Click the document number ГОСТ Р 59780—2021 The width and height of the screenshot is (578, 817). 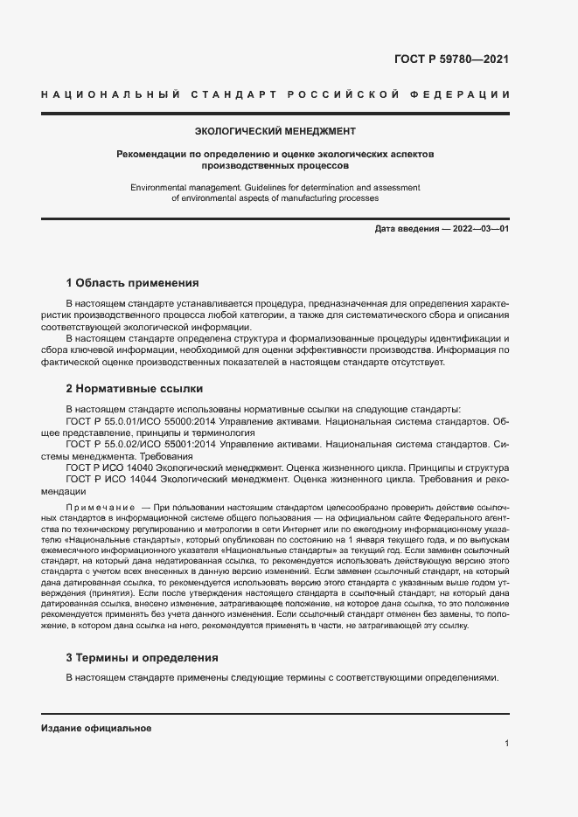coord(452,60)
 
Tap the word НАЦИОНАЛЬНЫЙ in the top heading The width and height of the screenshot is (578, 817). coord(110,93)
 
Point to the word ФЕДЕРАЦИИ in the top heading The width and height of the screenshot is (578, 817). coord(468,93)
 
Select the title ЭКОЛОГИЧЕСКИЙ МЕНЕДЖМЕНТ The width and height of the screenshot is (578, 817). coord(275,131)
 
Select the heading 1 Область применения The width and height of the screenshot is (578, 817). coord(132,283)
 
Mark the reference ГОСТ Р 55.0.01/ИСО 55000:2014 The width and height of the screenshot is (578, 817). coord(138,420)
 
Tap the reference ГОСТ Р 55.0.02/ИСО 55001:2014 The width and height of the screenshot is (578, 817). coord(138,445)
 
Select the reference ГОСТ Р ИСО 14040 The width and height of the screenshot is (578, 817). coord(108,468)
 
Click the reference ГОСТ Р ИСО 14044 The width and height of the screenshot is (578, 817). coord(108,481)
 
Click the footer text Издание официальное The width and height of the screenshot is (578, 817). coord(96,728)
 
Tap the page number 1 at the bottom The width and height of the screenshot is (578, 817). coord(506,743)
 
